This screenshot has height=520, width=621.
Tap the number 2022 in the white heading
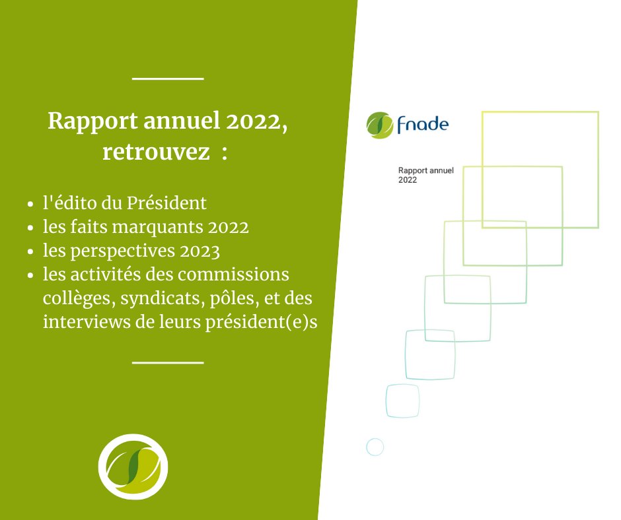(253, 122)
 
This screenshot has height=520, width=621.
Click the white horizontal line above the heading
(168, 79)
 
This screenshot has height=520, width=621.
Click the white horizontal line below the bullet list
(168, 362)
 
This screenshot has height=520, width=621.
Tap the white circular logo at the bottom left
(133, 467)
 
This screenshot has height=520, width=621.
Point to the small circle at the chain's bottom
(375, 447)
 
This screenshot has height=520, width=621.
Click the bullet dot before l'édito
(31, 203)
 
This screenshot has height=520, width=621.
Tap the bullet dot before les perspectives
(31, 253)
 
